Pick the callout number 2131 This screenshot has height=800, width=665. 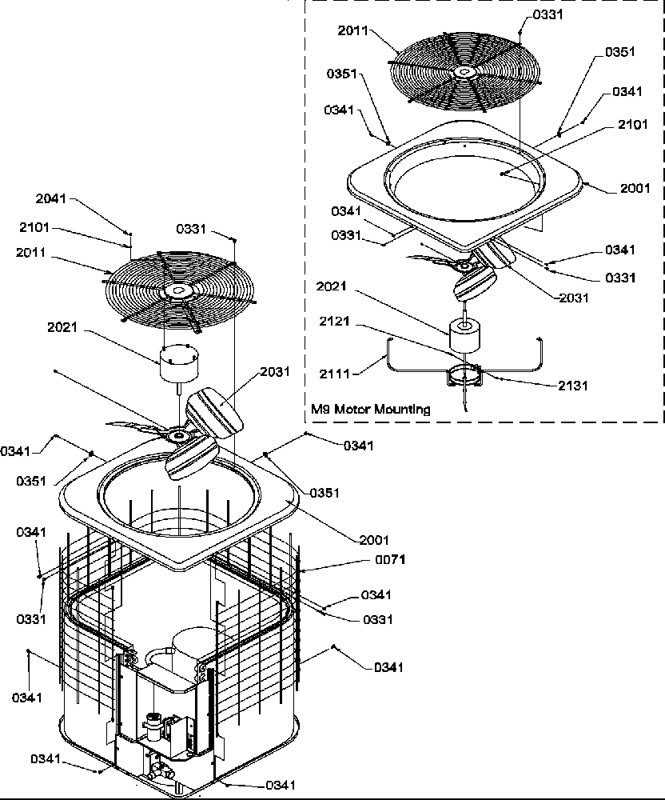573,385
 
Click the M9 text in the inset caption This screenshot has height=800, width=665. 320,409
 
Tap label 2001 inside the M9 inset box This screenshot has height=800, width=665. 635,189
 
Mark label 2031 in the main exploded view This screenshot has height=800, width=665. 276,372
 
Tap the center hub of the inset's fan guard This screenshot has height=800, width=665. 464,72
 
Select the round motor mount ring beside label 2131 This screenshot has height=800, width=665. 463,374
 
